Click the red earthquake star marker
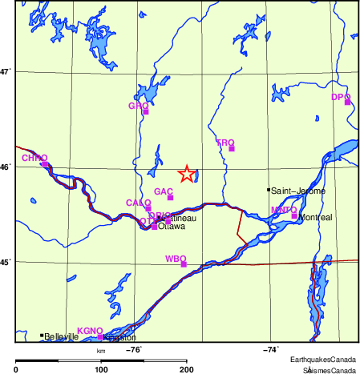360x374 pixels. pyautogui.click(x=186, y=174)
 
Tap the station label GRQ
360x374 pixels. pyautogui.click(x=138, y=106)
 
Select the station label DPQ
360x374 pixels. pyautogui.click(x=341, y=97)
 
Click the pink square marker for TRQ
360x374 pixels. pyautogui.click(x=232, y=148)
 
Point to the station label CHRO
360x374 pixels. pyautogui.click(x=34, y=159)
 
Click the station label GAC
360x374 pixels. pyautogui.click(x=163, y=192)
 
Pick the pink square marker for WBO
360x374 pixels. pyautogui.click(x=184, y=263)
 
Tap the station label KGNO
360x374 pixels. pyautogui.click(x=89, y=331)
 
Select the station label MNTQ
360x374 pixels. pyautogui.click(x=284, y=210)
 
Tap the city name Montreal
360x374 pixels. pyautogui.click(x=314, y=217)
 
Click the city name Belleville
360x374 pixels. pyautogui.click(x=62, y=337)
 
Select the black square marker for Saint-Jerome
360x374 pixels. pyautogui.click(x=269, y=190)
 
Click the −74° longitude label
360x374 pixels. pyautogui.click(x=270, y=349)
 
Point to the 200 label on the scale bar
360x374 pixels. pyautogui.click(x=187, y=369)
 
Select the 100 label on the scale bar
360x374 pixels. pyautogui.click(x=102, y=369)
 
